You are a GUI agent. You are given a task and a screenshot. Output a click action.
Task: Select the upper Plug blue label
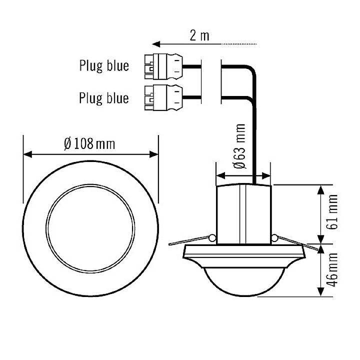tap(104, 65)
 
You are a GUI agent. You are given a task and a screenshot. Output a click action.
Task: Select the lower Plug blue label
tap(104, 97)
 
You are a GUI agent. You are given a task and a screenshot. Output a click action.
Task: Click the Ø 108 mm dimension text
tap(89, 144)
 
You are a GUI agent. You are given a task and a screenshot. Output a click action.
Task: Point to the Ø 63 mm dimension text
tap(239, 147)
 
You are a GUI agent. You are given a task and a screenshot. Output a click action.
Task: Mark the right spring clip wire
tap(297, 241)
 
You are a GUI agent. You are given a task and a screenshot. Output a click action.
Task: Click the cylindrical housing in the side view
tap(243, 214)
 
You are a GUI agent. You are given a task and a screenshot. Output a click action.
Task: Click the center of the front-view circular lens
tap(90, 223)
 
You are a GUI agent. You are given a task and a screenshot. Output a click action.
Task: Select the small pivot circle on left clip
tap(213, 237)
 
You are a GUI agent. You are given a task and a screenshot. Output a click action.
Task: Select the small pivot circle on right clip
tap(274, 237)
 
